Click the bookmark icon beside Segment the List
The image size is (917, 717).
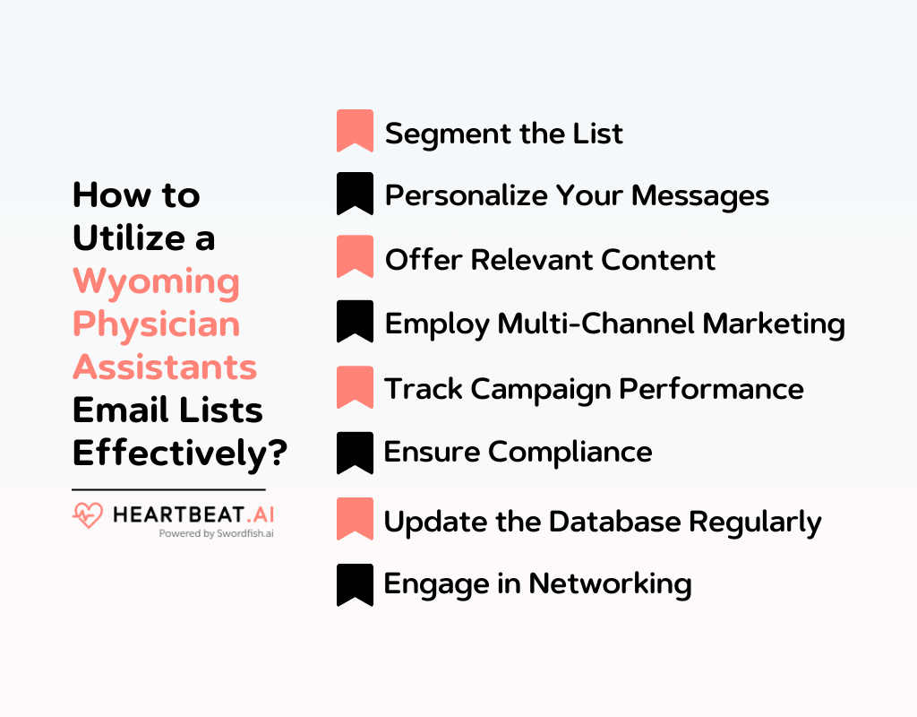click(355, 131)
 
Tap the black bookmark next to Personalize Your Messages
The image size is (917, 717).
click(355, 194)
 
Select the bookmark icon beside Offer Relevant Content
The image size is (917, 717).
click(355, 257)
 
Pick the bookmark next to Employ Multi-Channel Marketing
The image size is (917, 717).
click(355, 322)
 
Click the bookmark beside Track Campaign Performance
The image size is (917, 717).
click(355, 387)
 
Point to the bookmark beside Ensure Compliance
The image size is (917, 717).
click(355, 453)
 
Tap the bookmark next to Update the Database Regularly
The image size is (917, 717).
click(355, 519)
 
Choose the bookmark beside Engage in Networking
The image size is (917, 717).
click(355, 584)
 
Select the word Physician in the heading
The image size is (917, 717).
click(156, 324)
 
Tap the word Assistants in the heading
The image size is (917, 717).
click(165, 367)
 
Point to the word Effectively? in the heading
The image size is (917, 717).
click(179, 453)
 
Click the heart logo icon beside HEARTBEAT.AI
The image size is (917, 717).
click(88, 514)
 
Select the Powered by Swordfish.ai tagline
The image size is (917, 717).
click(216, 533)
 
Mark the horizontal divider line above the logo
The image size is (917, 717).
click(168, 489)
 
